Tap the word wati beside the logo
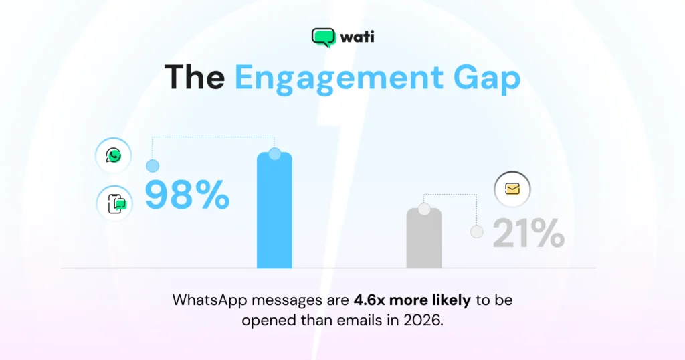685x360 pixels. tap(357, 37)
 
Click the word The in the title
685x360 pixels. tap(195, 78)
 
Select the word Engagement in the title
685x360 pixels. tap(338, 78)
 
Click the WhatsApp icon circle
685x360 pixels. tap(114, 156)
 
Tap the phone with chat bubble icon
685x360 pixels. tap(114, 203)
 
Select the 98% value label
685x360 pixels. tap(187, 195)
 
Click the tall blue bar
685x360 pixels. tap(274, 214)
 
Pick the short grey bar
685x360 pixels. tap(424, 241)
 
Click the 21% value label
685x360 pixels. tap(528, 234)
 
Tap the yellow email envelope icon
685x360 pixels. tap(512, 189)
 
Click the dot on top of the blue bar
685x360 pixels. tap(274, 154)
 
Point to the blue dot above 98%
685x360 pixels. tap(153, 165)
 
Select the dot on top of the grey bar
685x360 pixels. tap(424, 209)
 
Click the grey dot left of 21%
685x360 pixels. tap(477, 232)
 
